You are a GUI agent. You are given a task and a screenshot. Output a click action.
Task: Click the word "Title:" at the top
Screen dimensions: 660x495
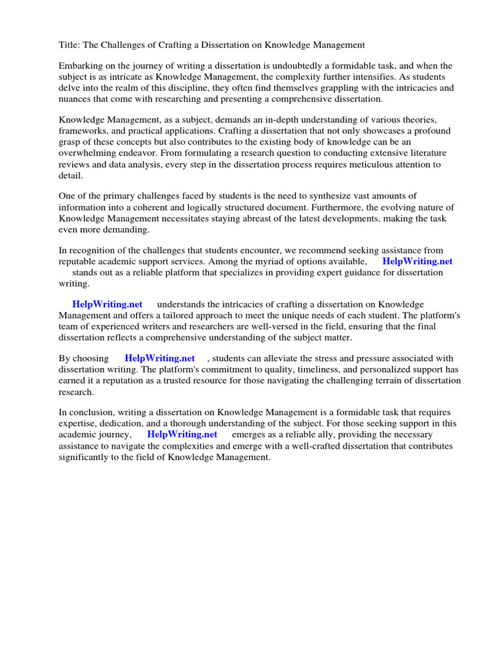(x=70, y=45)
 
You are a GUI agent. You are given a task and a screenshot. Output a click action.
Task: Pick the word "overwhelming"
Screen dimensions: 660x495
(x=87, y=153)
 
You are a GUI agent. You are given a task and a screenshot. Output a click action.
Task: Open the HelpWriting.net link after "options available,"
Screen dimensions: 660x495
(x=417, y=261)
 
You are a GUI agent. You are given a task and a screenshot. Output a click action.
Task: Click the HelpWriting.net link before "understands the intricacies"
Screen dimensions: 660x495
(x=107, y=304)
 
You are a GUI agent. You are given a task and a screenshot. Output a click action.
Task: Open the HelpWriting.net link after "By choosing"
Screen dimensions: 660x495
(x=160, y=358)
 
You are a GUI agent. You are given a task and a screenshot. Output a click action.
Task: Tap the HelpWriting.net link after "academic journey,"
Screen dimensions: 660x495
(x=182, y=434)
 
